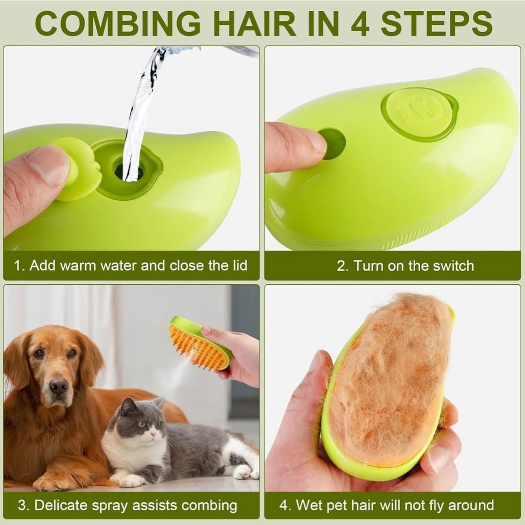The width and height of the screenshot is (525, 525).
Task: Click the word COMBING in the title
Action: [x=118, y=23]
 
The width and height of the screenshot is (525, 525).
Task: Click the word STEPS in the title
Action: [x=437, y=23]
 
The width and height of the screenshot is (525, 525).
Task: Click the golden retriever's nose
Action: [x=58, y=386]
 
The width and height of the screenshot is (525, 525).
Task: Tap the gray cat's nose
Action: [x=152, y=434]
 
